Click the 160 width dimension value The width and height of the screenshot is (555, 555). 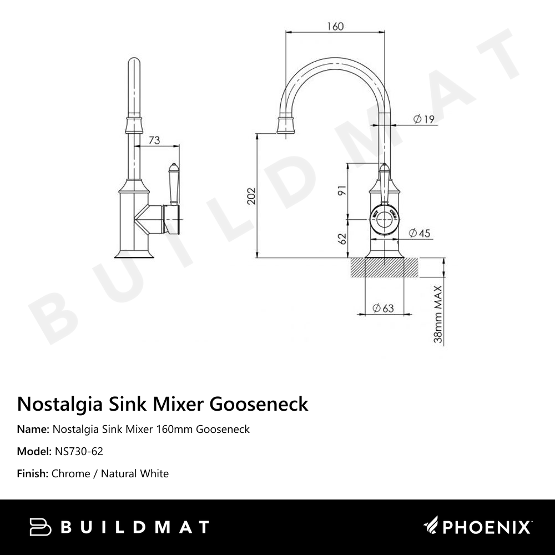(x=335, y=26)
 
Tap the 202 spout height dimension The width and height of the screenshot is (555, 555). (x=251, y=196)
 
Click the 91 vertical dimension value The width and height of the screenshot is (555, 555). (x=342, y=190)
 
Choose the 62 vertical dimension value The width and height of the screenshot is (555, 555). (x=342, y=239)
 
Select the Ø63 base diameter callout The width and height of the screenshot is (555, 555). (x=383, y=308)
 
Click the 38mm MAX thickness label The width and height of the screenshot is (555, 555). (x=438, y=314)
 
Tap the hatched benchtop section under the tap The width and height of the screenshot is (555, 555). (x=384, y=268)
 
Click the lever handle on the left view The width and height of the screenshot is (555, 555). (x=173, y=183)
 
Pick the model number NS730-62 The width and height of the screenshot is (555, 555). (x=79, y=451)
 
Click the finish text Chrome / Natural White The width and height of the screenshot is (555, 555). (x=110, y=473)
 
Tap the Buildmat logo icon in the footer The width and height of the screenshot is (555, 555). (x=40, y=527)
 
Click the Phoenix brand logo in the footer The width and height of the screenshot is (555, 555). (x=478, y=527)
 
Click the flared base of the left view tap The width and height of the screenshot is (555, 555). (x=133, y=254)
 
